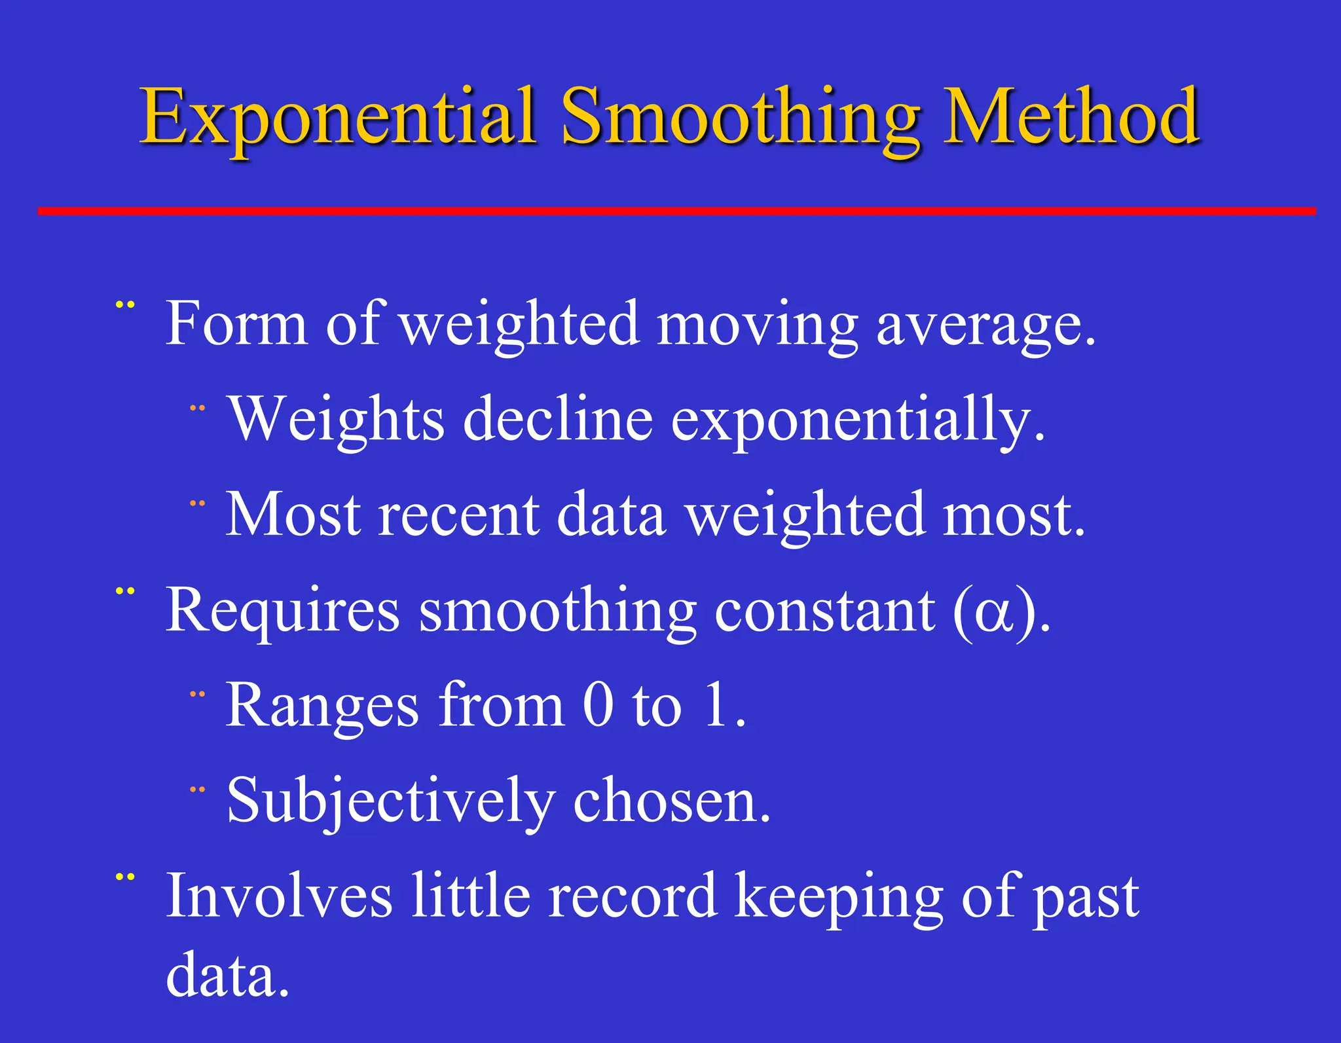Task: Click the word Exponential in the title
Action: [x=339, y=118]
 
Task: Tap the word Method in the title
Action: [x=1070, y=118]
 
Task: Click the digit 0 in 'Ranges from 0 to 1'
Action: [x=598, y=705]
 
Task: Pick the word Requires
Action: [x=282, y=612]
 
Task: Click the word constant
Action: [x=824, y=612]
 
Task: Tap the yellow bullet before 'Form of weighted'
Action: [x=124, y=304]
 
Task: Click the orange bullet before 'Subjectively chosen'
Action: [x=197, y=790]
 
